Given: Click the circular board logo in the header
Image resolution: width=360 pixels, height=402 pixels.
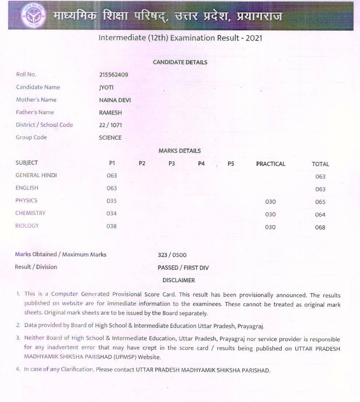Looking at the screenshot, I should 33,15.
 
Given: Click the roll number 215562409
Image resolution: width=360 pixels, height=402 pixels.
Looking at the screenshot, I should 114,75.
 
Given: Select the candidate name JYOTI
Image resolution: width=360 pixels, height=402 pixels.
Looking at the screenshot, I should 106,87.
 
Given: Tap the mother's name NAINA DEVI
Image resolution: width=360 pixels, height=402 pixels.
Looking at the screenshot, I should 115,100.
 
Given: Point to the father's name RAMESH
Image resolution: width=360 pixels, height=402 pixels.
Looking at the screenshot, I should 110,113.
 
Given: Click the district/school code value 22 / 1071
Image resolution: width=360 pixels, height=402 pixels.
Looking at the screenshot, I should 110,125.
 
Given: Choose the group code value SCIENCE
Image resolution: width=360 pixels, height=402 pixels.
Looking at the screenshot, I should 110,138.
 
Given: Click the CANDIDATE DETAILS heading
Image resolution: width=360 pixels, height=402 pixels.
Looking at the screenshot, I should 180,62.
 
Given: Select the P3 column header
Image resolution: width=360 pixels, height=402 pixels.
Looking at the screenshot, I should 172,163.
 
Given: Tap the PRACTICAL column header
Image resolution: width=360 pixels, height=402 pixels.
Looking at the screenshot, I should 271,164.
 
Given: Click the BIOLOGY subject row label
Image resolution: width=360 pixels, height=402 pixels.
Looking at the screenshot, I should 27,225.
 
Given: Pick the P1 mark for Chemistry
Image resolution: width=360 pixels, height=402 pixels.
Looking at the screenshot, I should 112,213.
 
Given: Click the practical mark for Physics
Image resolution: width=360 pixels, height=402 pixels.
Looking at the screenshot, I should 271,202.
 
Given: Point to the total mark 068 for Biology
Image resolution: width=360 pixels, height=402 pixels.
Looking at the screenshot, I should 320,227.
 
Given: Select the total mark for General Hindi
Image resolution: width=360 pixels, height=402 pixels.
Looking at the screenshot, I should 320,177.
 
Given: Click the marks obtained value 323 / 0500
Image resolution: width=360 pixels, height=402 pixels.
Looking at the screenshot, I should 172,255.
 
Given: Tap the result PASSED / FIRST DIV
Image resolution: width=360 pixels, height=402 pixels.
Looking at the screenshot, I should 183,268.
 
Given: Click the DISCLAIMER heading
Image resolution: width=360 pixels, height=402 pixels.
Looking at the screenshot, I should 179,280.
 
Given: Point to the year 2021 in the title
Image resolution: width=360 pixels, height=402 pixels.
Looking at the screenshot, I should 254,38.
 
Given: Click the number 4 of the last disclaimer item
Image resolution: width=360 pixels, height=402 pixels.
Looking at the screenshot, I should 18,369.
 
